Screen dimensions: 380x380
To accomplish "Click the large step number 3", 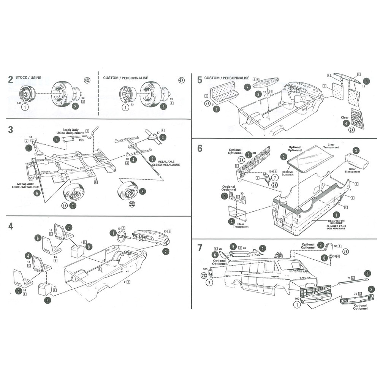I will (11, 129).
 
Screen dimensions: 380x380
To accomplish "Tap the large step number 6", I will (200, 148).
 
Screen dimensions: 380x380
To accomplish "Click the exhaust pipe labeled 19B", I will (69, 139).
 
